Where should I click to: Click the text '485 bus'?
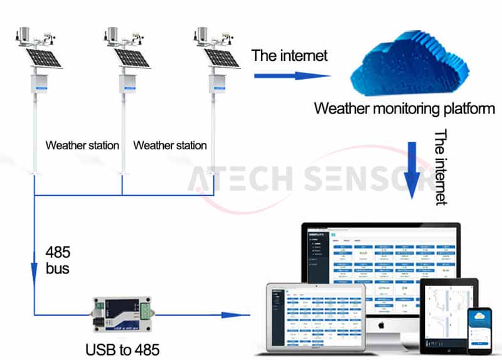(x=57, y=261)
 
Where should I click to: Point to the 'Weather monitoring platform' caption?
(x=404, y=109)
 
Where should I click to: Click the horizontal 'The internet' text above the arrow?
(x=289, y=55)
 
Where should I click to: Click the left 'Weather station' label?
(x=82, y=146)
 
